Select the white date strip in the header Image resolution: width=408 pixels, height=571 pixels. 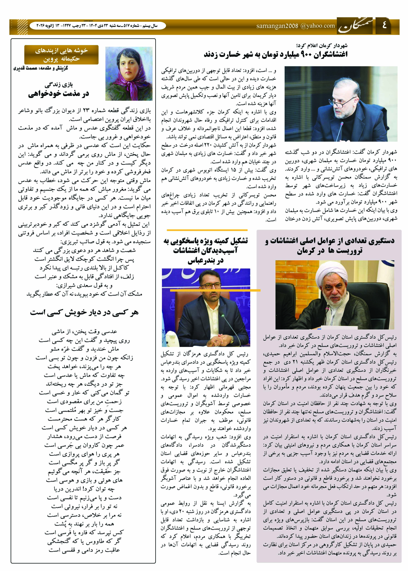[98, 26]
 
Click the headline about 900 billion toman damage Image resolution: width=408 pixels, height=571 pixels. [276, 54]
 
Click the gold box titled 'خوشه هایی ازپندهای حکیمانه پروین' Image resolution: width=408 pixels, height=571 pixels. [61, 55]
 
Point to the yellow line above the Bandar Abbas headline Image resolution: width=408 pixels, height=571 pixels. [207, 230]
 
